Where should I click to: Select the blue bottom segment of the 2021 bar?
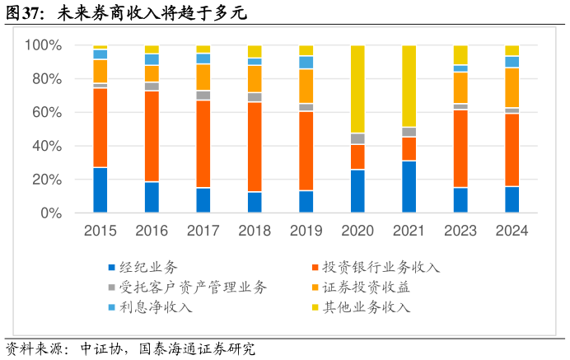pos(409,187)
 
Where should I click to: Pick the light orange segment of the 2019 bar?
pos(306,86)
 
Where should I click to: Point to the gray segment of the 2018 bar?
pos(255,97)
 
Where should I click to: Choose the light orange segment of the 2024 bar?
pos(512,87)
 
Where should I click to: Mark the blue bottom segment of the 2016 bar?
pos(152,198)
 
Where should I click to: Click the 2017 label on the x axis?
pos(203,231)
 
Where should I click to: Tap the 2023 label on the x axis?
pos(460,231)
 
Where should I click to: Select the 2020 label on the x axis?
pos(357,231)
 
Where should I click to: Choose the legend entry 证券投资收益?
pos(366,288)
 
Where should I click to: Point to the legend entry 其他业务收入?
pos(366,307)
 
